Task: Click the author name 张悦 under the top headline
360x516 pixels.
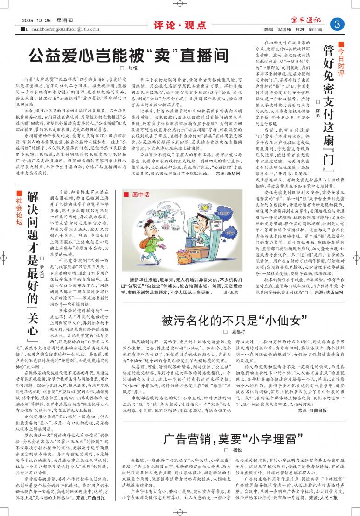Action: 132,69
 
